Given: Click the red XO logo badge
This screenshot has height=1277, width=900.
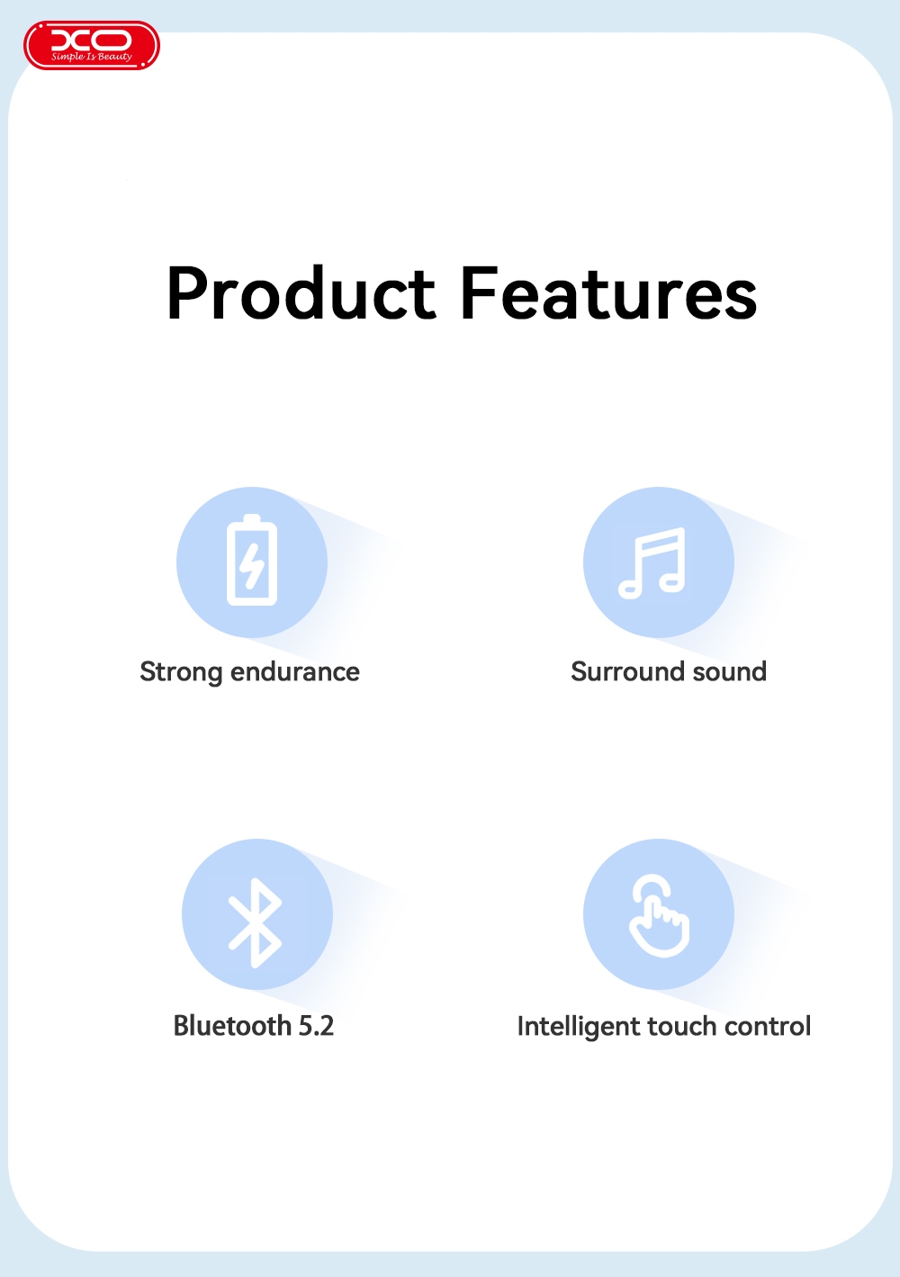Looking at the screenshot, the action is click(91, 45).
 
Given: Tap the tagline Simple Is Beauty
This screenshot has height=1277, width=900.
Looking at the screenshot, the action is click(92, 57).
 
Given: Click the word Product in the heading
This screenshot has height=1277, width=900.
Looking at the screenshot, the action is click(301, 293).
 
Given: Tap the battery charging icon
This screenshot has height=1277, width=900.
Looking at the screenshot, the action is click(252, 559).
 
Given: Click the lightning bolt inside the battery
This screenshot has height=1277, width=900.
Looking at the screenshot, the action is click(251, 565).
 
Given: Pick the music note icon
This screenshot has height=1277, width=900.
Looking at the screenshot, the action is click(652, 563).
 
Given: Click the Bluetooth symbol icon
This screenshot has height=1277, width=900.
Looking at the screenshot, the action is click(255, 922).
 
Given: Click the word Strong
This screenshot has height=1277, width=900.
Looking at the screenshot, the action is click(181, 672).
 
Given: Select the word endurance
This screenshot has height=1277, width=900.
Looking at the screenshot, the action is click(294, 671).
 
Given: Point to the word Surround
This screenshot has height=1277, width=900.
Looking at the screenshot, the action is click(627, 671).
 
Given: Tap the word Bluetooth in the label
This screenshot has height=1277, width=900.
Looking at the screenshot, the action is click(232, 1026).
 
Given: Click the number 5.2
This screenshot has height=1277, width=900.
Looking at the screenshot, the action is click(316, 1026).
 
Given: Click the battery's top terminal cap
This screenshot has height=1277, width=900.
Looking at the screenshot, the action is click(252, 518).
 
